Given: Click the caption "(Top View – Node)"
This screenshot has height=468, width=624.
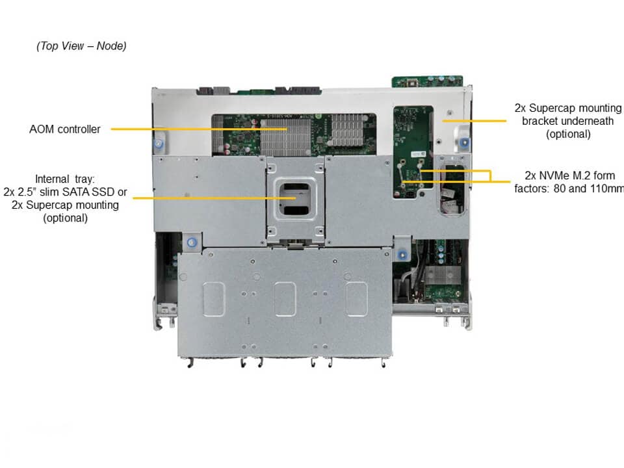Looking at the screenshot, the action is pyautogui.click(x=82, y=46).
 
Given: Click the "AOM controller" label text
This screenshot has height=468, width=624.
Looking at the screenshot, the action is pyautogui.click(x=65, y=129).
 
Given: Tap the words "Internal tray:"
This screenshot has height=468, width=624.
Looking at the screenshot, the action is pyautogui.click(x=65, y=179).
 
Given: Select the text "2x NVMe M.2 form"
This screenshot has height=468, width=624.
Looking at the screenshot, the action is pyautogui.click(x=569, y=175).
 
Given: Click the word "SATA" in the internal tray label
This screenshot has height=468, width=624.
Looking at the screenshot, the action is pyautogui.click(x=75, y=192).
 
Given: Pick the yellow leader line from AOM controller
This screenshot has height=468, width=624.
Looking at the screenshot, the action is pyautogui.click(x=199, y=129).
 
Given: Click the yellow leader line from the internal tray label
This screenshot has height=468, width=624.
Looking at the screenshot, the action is pyautogui.click(x=214, y=198).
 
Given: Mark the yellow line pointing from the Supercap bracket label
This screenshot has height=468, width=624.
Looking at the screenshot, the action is pyautogui.click(x=474, y=121).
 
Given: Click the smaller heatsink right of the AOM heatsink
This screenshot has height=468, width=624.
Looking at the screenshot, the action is pyautogui.click(x=347, y=129).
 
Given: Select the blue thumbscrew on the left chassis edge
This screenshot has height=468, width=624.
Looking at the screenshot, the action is pyautogui.click(x=159, y=144).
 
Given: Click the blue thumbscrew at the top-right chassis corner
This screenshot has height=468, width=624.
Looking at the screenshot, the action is pyautogui.click(x=464, y=142).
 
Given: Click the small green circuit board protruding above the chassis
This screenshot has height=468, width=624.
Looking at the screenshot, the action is pyautogui.click(x=427, y=81).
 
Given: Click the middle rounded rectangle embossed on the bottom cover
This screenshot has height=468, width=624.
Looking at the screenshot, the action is pyautogui.click(x=285, y=299).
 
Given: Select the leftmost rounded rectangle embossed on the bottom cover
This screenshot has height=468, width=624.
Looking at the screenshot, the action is pyautogui.click(x=214, y=299).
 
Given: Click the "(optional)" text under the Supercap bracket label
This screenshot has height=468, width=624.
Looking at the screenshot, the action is pyautogui.click(x=568, y=134).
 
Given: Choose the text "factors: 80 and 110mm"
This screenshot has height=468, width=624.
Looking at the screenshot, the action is pyautogui.click(x=569, y=188).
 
